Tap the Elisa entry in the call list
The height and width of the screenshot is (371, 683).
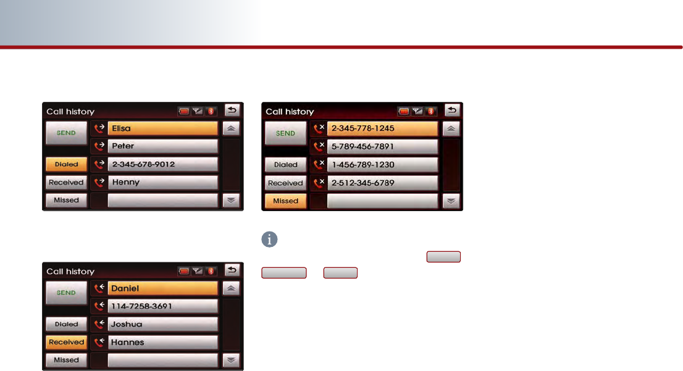click(162, 129)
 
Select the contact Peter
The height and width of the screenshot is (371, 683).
click(162, 146)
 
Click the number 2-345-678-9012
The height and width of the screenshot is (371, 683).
click(162, 164)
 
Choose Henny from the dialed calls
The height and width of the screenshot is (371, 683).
click(162, 182)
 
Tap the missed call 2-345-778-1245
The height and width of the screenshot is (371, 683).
click(382, 128)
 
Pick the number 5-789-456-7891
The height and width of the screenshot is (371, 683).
click(382, 147)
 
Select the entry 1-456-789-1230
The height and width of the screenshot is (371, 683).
click(382, 165)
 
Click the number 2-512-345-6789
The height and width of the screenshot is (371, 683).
click(382, 183)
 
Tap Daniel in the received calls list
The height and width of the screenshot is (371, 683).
click(162, 288)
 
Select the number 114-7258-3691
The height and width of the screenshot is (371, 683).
click(162, 306)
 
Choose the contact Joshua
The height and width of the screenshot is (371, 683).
click(162, 324)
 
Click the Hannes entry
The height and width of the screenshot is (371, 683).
click(162, 342)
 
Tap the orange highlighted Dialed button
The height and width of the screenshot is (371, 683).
click(66, 165)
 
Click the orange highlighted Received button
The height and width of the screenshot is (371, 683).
click(66, 342)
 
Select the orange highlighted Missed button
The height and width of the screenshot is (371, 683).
click(285, 201)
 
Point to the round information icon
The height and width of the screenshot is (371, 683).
click(269, 240)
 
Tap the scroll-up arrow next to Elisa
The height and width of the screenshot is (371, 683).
click(231, 129)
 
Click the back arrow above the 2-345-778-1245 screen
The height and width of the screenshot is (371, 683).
click(452, 110)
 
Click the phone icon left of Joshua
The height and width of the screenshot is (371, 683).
click(99, 324)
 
